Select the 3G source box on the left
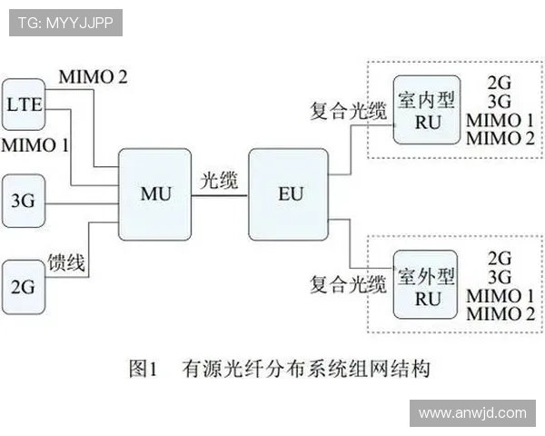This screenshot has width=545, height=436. [x=24, y=195]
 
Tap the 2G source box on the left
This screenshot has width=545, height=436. [x=24, y=287]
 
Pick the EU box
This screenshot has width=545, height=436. [x=290, y=193]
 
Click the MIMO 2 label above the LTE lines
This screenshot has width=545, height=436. [x=92, y=76]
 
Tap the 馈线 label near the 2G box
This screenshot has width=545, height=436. [x=66, y=264]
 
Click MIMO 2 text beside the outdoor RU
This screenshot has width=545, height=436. [x=499, y=314]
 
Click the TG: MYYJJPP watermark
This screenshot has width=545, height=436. [x=65, y=23]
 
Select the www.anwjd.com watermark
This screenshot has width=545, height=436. [x=472, y=413]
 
